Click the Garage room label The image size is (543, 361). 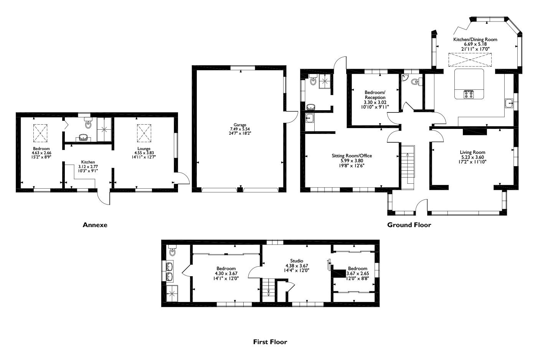click(x=240, y=125)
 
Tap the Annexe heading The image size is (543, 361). click(x=95, y=225)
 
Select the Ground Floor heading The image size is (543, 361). click(x=409, y=225)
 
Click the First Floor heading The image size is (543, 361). click(x=270, y=341)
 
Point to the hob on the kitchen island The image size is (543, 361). click(x=469, y=94)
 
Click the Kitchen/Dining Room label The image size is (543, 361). click(x=475, y=40)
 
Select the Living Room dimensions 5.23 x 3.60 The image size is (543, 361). click(x=473, y=157)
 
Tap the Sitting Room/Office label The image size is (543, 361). click(x=352, y=156)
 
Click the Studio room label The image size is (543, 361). click(x=297, y=261)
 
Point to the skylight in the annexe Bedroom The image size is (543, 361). click(x=41, y=133)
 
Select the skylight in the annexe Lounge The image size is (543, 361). click(x=144, y=133)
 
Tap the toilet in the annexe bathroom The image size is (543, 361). click(x=89, y=123)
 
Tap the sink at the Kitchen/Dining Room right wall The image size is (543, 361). click(x=510, y=103)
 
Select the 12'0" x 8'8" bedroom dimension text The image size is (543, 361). click(x=357, y=279)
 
